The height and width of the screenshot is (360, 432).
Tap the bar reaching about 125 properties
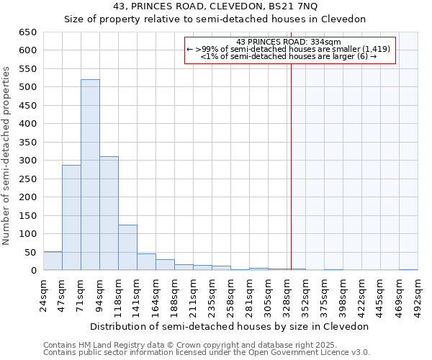pyautogui.click(x=127, y=248)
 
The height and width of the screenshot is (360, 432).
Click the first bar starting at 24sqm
pyautogui.click(x=53, y=261)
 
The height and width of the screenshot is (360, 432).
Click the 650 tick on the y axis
pyautogui.click(x=27, y=32)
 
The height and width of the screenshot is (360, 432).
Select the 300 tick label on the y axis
pyautogui.click(x=27, y=161)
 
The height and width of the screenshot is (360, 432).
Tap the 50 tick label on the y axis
pyautogui.click(x=30, y=253)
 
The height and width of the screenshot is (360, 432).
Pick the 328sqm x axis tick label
pyautogui.click(x=287, y=294)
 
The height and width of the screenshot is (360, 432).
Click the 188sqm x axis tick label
pyautogui.click(x=174, y=294)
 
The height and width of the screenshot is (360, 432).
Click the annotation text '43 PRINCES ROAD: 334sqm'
pyautogui.click(x=288, y=42)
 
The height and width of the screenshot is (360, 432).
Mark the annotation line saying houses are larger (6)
pyautogui.click(x=288, y=56)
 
